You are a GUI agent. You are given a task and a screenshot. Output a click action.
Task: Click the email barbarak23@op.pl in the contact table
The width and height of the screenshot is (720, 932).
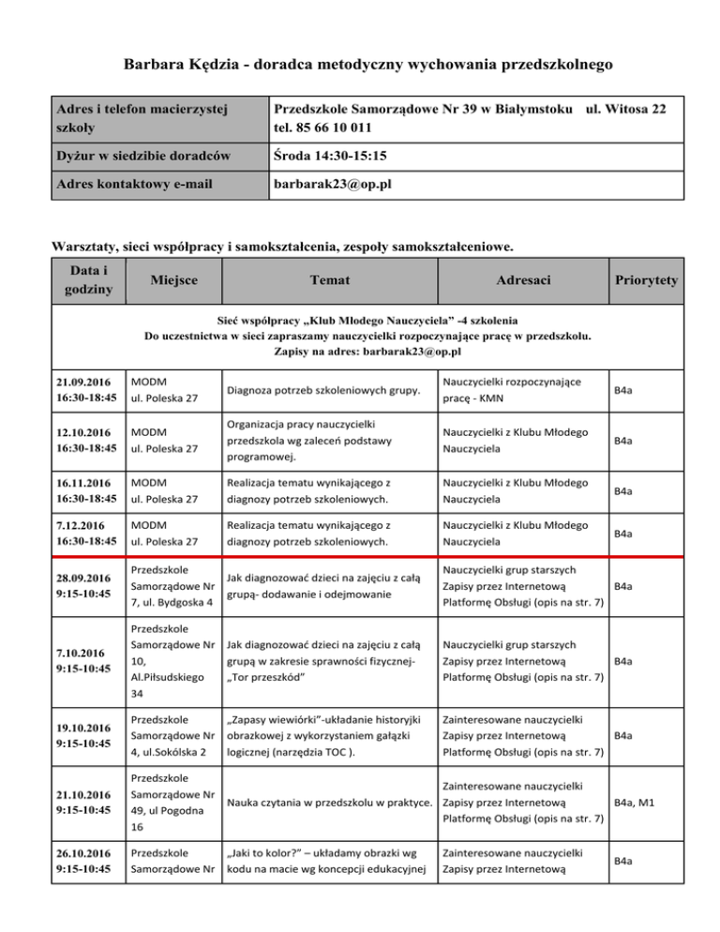tap(332, 184)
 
